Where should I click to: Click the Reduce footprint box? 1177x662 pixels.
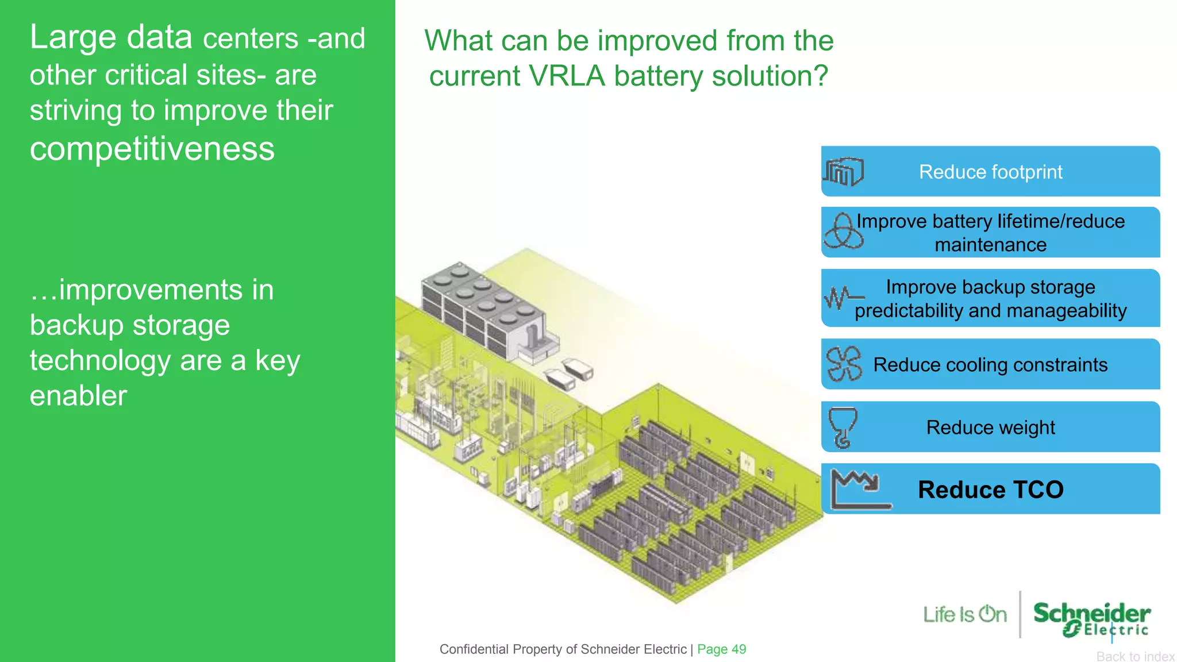click(x=990, y=171)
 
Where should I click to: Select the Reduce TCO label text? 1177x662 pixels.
click(x=990, y=490)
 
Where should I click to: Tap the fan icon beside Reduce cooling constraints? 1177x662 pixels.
click(x=844, y=364)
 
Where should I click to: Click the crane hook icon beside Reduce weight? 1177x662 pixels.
click(x=843, y=427)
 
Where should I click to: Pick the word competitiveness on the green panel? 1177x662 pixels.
click(x=152, y=149)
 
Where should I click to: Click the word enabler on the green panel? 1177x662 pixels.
click(x=78, y=396)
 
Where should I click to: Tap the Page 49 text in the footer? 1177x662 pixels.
click(x=721, y=649)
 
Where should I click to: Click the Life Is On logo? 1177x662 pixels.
click(x=965, y=614)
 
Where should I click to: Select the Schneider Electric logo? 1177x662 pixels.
click(x=1091, y=618)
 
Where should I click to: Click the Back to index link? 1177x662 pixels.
click(x=1135, y=656)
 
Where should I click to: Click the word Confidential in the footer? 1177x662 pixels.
click(x=474, y=649)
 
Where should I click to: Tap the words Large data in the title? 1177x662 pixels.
click(x=111, y=37)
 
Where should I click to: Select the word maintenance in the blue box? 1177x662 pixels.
click(x=990, y=245)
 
